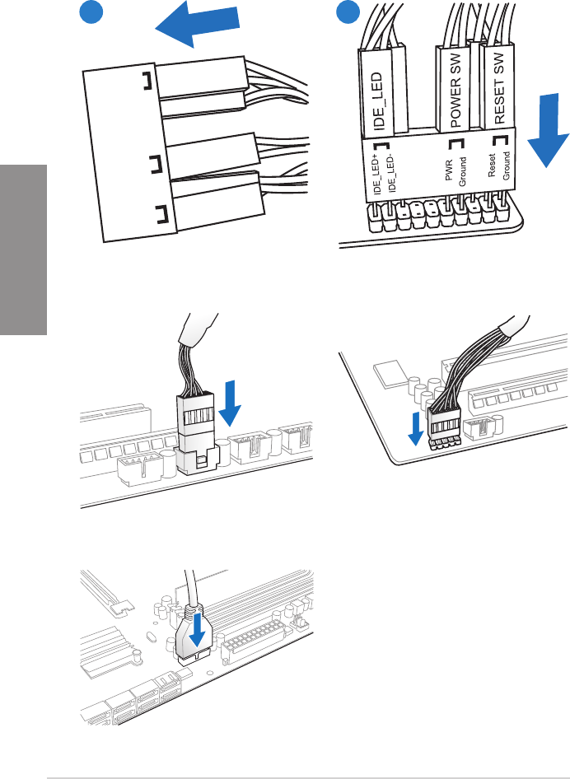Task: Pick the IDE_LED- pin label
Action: point(391,175)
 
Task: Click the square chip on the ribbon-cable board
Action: point(387,376)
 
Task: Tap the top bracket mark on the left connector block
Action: point(146,81)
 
